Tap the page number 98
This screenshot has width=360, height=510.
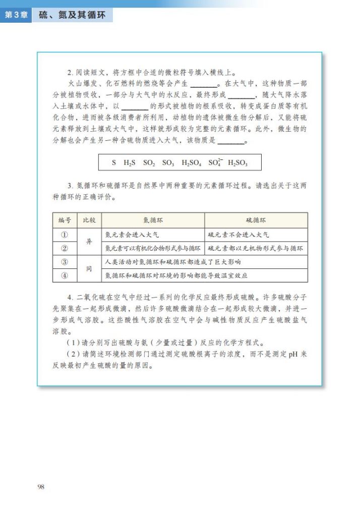tap(41, 486)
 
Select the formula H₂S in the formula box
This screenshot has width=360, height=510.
tap(130, 163)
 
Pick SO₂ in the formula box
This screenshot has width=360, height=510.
tap(149, 163)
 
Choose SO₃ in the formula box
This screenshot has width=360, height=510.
tap(168, 163)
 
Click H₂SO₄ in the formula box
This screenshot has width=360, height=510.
tap(191, 163)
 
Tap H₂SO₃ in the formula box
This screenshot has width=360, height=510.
tap(237, 163)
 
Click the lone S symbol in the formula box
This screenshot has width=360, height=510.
tap(114, 163)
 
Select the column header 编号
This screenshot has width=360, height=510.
tap(64, 220)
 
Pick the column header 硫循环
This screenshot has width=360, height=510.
tap(256, 220)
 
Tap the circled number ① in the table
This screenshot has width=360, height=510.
tap(64, 235)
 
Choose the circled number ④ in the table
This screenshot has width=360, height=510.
tap(64, 275)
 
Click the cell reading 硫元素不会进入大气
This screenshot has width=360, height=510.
tap(238, 235)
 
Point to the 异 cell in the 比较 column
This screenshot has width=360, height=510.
tap(89, 242)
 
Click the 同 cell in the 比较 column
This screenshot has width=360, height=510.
tap(89, 269)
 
